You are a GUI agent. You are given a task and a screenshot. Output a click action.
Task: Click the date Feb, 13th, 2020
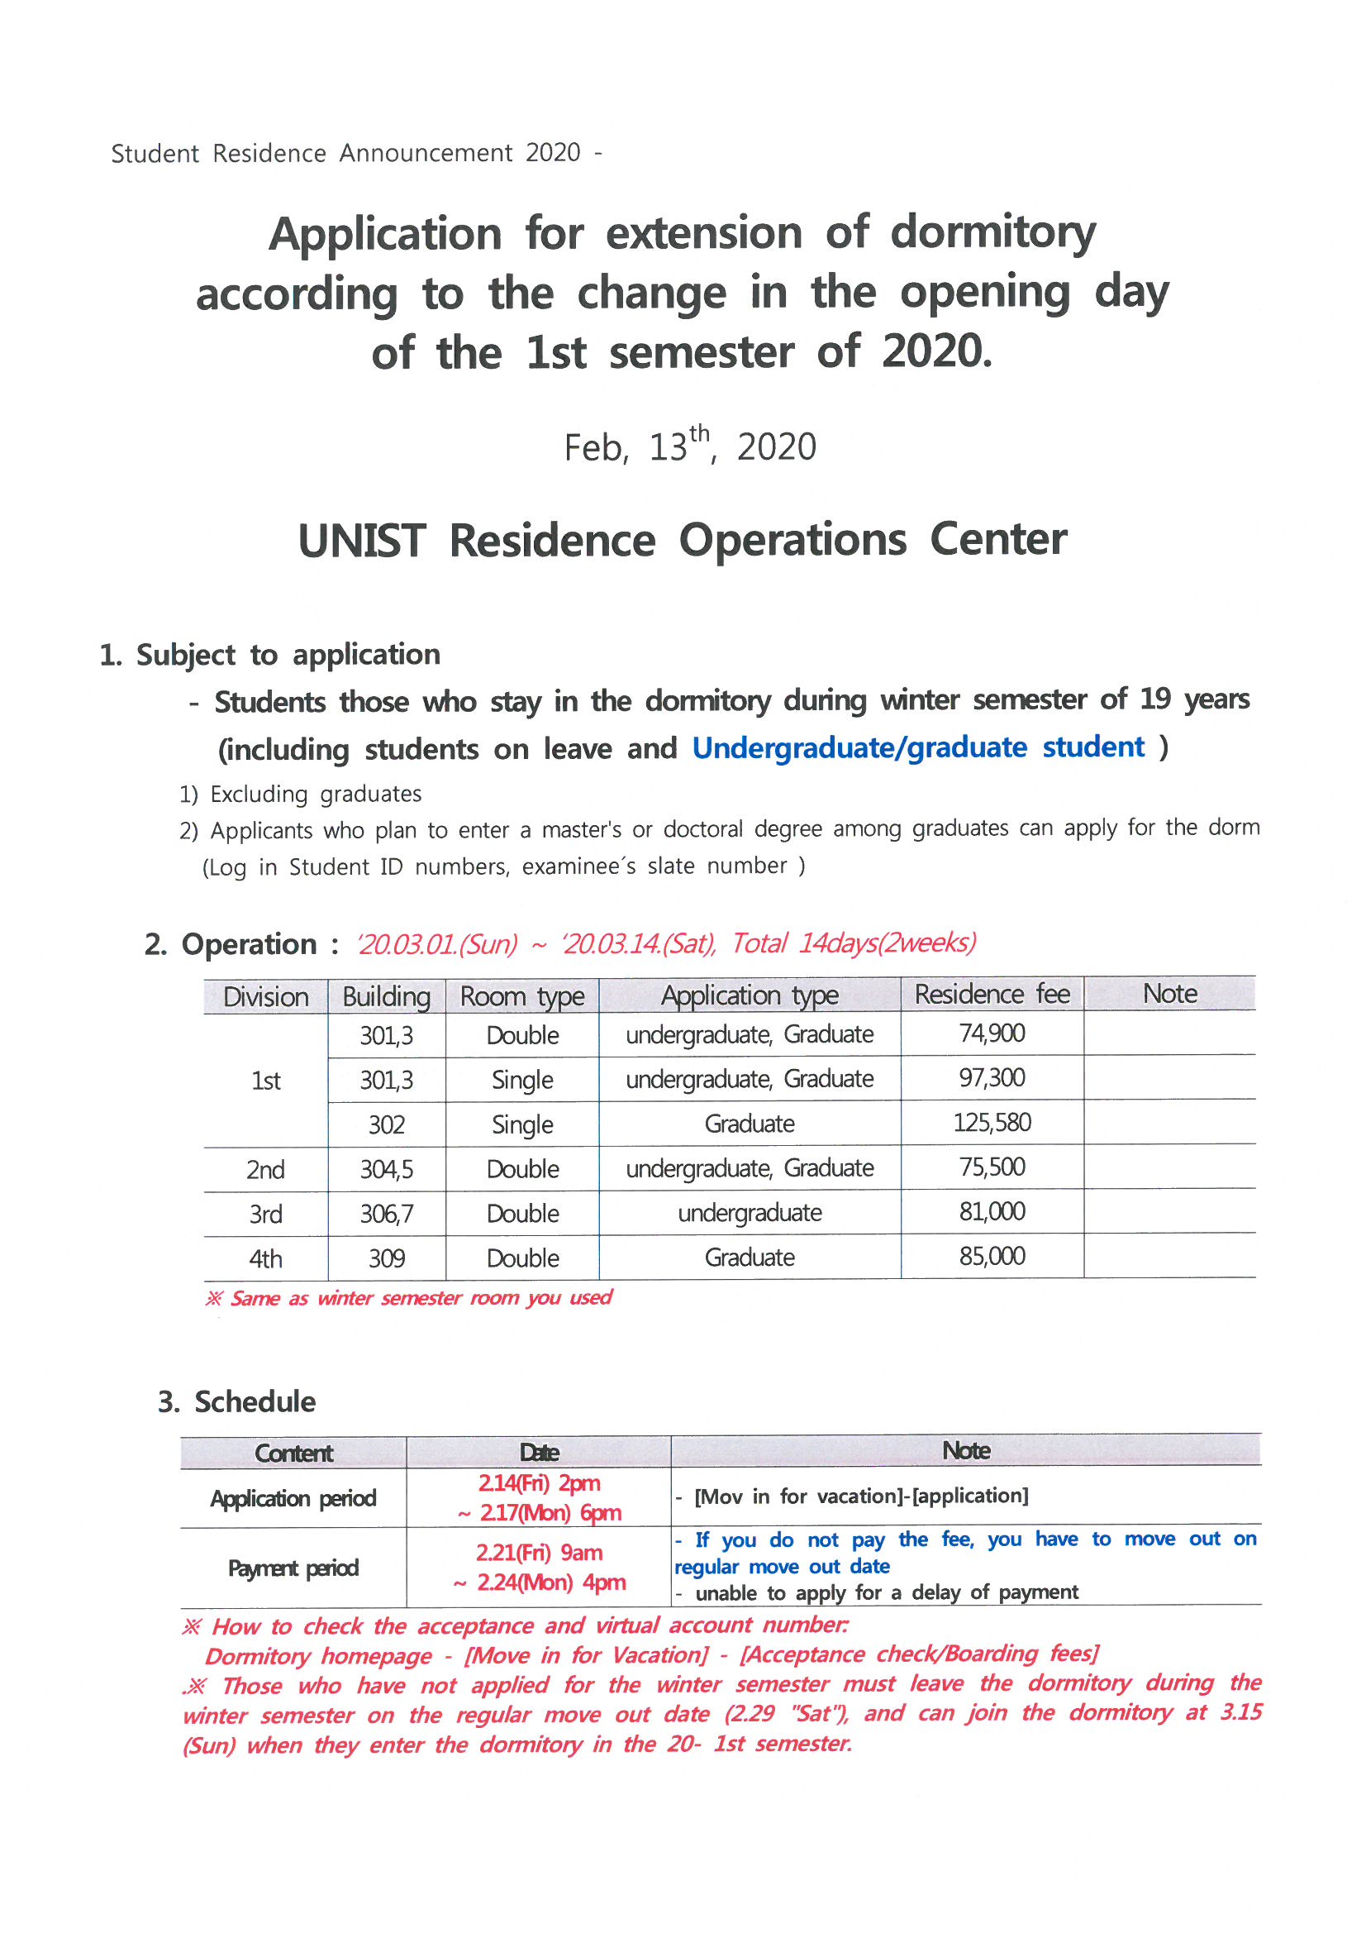[x=689, y=446]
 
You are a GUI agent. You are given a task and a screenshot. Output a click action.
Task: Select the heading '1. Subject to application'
[x=269, y=654]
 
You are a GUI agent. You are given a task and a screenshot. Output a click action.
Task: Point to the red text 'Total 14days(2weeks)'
[x=853, y=943]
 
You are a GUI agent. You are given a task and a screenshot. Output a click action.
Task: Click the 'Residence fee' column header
[x=992, y=995]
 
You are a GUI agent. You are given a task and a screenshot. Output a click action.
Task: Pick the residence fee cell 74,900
[x=992, y=1033]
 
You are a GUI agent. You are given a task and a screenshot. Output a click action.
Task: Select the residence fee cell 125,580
[x=992, y=1122]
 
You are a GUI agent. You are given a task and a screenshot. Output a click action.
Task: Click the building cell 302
[x=386, y=1124]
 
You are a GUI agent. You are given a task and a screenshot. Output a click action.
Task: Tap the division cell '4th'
[x=265, y=1258]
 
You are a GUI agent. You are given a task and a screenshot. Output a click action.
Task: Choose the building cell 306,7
[x=386, y=1214]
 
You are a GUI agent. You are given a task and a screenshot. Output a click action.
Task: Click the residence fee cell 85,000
[x=992, y=1256]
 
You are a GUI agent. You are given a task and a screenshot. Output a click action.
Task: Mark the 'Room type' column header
[x=521, y=996]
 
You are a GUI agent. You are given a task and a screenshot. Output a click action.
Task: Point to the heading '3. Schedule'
[x=236, y=1401]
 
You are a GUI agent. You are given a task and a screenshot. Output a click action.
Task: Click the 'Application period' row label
[x=293, y=1499]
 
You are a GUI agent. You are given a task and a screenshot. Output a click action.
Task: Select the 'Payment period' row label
[x=293, y=1568]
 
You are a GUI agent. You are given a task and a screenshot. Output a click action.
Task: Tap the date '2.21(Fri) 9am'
[x=539, y=1553]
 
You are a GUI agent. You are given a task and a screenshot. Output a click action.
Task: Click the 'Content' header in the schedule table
[x=293, y=1453]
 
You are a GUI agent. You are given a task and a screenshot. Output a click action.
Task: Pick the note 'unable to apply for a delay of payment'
[x=885, y=1592]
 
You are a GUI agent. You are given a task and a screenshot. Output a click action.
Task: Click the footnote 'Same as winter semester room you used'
[x=409, y=1297]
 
